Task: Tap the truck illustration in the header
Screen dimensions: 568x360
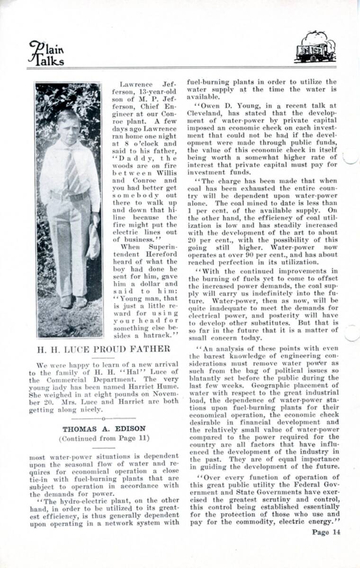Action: point(315,47)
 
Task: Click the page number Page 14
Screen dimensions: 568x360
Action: point(326,531)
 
